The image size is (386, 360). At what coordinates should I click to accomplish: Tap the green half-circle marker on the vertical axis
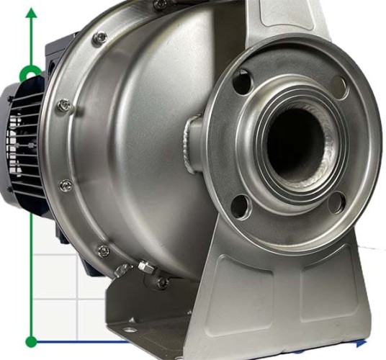coord(31,73)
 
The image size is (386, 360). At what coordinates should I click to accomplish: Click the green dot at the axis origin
coord(31,341)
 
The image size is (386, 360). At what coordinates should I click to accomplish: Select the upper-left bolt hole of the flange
coord(242,81)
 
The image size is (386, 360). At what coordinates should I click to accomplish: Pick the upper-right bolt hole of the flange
coord(338,87)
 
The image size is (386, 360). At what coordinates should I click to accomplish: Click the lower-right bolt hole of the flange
coord(335,204)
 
